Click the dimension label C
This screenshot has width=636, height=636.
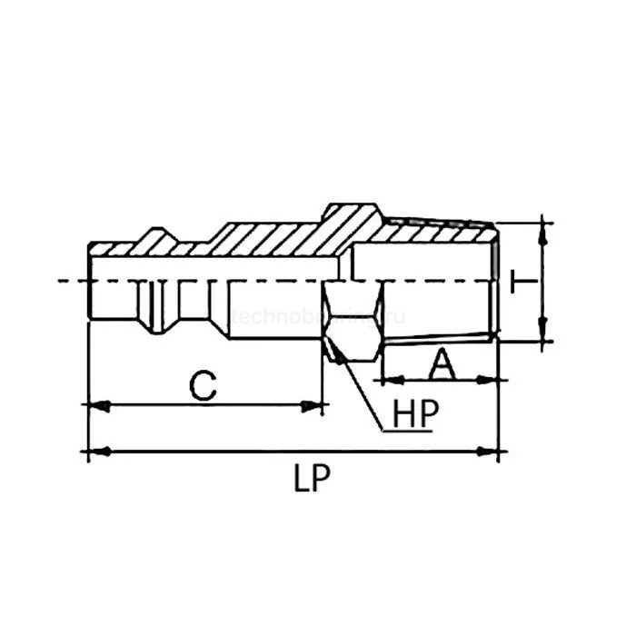click(x=204, y=384)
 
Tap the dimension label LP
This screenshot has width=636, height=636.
click(x=312, y=479)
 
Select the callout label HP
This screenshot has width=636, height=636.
click(x=416, y=414)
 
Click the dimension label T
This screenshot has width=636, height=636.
click(x=521, y=282)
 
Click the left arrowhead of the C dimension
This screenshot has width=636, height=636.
click(x=97, y=404)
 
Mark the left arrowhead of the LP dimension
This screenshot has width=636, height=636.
click(x=97, y=450)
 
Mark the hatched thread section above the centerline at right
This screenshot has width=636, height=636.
click(x=436, y=233)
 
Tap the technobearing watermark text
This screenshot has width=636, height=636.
click(x=318, y=316)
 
